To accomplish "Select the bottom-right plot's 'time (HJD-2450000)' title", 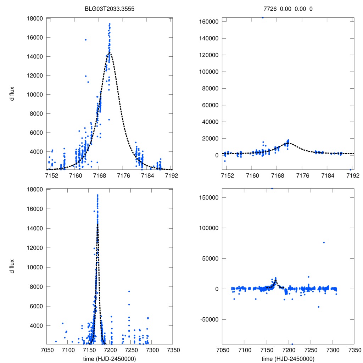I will (288, 358).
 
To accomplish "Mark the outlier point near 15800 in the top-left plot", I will (85, 40).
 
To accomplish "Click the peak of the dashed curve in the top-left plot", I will (110, 53).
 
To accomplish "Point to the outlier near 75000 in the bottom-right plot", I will (324, 242).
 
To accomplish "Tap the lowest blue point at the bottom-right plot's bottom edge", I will (292, 344).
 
